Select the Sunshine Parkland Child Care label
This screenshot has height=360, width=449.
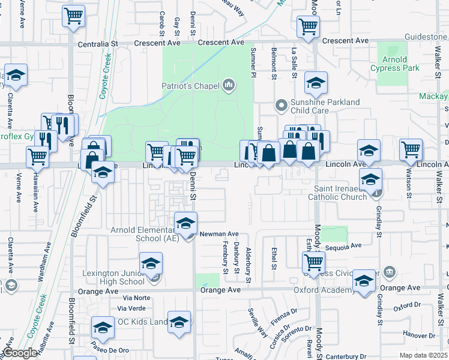point(325,106)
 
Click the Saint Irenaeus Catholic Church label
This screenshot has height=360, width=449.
point(337,192)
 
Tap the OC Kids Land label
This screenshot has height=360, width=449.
point(143,322)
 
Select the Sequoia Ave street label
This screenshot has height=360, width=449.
point(343,246)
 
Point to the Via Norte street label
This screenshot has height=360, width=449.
point(136,298)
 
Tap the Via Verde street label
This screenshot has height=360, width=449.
point(131,308)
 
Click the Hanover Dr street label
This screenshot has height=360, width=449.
point(418,334)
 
